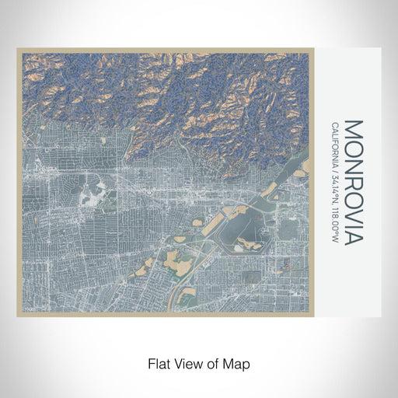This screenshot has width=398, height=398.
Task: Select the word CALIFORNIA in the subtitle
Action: click(334, 146)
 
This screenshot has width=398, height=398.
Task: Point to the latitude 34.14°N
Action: click(334, 191)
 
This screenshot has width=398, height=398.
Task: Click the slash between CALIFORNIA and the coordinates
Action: click(334, 174)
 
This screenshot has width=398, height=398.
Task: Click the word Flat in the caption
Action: click(159, 363)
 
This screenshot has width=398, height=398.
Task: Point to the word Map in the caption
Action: click(237, 363)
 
